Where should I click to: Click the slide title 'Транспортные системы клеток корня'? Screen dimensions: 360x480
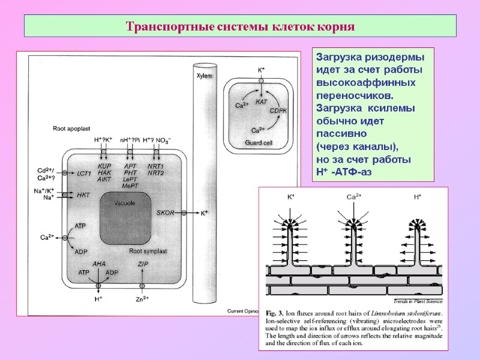click(240, 27)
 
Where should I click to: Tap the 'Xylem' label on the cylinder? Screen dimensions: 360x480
click(205, 76)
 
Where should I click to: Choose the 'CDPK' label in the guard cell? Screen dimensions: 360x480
click(278, 111)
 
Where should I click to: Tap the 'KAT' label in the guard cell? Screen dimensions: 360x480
click(261, 102)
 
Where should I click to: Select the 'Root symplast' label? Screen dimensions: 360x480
click(148, 251)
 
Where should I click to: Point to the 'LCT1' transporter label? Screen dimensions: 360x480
click(84, 173)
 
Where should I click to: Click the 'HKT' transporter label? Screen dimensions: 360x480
click(83, 195)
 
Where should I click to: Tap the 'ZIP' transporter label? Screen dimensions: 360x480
click(143, 264)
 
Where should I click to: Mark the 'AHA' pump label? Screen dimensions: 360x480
click(98, 264)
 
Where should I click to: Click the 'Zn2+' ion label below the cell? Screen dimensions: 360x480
click(142, 299)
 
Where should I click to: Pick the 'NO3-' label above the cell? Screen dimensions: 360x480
click(163, 140)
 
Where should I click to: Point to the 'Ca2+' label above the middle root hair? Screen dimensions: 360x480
click(354, 197)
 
